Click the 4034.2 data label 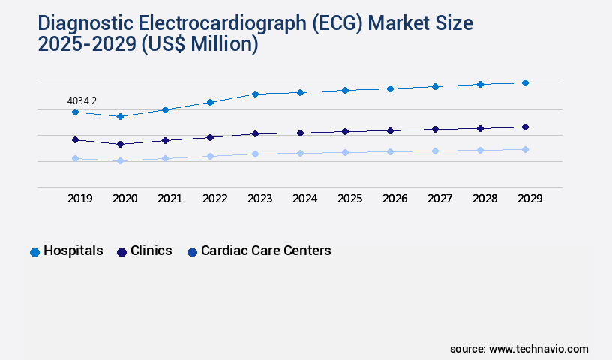(x=82, y=100)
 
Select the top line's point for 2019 (x=75, y=112)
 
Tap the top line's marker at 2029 (x=525, y=82)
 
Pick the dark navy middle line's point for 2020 (x=120, y=144)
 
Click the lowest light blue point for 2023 (x=255, y=154)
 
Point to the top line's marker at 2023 (x=255, y=94)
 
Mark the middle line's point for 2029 (x=525, y=127)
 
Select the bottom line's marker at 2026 (x=390, y=151)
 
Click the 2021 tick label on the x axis (x=169, y=199)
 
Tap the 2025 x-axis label (x=349, y=199)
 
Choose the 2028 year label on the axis (x=484, y=199)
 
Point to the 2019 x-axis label (x=79, y=199)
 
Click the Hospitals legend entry (x=73, y=250)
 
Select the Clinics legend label (x=151, y=250)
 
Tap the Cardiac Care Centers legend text (x=265, y=250)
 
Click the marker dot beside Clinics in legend (x=121, y=252)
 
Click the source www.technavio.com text (x=519, y=349)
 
